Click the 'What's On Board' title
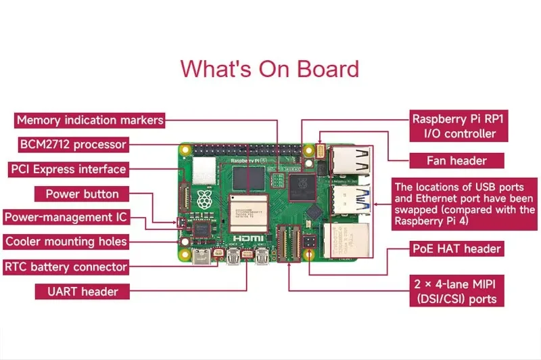[269, 68]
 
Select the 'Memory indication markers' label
[90, 120]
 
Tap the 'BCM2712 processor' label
[72, 144]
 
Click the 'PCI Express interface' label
[68, 169]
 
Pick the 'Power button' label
[82, 194]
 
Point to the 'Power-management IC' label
[65, 218]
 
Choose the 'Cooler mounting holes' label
[66, 242]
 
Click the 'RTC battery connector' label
[66, 267]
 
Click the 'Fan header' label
[456, 160]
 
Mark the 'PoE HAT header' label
[456, 248]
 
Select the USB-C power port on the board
[200, 258]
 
